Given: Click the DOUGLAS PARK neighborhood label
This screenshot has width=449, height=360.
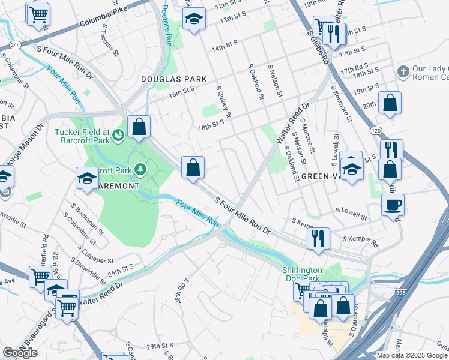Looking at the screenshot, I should pyautogui.click(x=174, y=79).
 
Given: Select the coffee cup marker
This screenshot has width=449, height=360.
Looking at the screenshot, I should pyautogui.click(x=393, y=205).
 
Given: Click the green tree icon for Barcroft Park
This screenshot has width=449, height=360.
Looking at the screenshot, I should pyautogui.click(x=140, y=170).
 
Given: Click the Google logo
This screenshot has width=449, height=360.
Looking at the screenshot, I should pyautogui.click(x=20, y=352).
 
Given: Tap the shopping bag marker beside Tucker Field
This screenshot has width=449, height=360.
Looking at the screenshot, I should pyautogui.click(x=139, y=127).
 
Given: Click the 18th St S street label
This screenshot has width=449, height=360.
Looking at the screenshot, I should pyautogui.click(x=211, y=122).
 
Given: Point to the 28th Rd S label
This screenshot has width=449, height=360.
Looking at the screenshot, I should pyautogui.click(x=182, y=290).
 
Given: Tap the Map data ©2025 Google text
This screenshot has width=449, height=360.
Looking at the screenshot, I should pyautogui.click(x=412, y=355).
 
